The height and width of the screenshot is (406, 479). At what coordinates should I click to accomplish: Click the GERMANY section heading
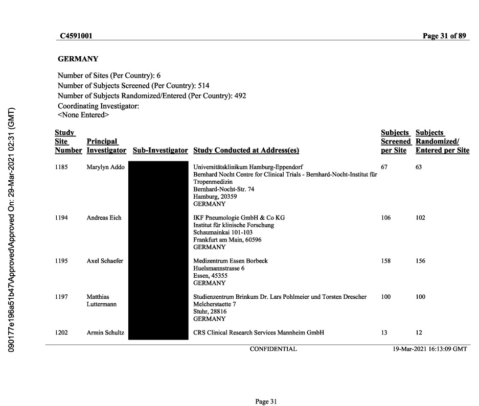pos(78,59)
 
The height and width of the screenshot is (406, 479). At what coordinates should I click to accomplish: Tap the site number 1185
pos(62,167)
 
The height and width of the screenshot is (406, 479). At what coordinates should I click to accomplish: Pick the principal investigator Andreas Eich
pos(104,218)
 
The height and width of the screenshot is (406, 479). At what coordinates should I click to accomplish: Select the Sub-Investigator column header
pos(160,151)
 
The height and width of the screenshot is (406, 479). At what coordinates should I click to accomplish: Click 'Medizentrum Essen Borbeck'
pos(230,261)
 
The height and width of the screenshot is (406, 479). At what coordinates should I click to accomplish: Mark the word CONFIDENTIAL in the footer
pos(273,349)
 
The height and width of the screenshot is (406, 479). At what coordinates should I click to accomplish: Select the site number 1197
pos(62,297)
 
